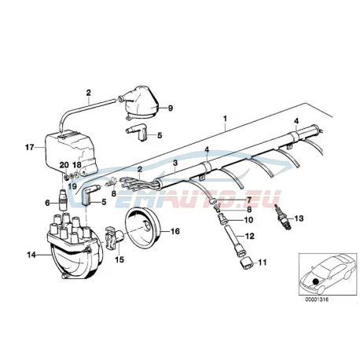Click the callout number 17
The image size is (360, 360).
[x=30, y=148]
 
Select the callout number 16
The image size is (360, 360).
[x=175, y=231]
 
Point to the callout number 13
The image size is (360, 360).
[x=299, y=218]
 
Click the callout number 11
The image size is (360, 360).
[x=262, y=262]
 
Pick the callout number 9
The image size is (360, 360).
[x=171, y=108]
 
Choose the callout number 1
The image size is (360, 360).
[x=225, y=119]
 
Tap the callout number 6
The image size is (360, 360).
[x=47, y=203]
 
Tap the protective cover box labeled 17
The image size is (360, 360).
[x=71, y=154]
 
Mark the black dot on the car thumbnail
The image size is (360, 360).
[x=315, y=281]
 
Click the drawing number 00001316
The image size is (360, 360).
[x=317, y=299]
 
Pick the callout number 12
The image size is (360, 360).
[x=250, y=236]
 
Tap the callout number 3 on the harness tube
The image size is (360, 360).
[x=175, y=163]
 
